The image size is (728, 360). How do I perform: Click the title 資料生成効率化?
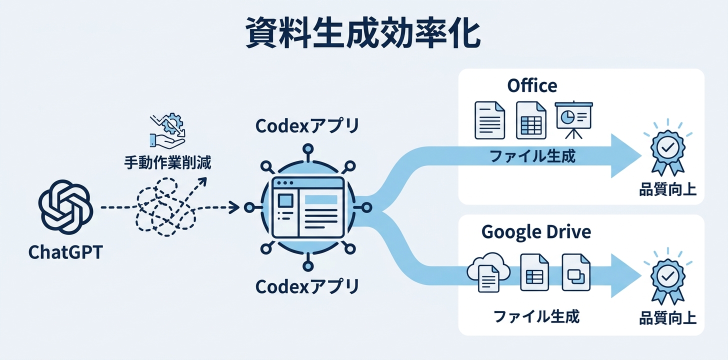point(363,34)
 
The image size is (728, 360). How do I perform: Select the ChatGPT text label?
point(65,252)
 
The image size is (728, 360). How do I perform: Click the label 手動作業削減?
point(167,162)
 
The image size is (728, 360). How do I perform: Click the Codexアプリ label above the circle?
point(307,126)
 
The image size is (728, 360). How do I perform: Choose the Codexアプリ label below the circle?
point(307,286)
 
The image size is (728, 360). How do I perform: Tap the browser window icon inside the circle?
point(307,206)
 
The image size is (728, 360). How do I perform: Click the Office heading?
point(532,85)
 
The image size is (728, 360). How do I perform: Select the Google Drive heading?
point(536,232)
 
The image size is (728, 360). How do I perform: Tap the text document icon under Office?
point(489,120)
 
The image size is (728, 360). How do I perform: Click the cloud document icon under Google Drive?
point(487,273)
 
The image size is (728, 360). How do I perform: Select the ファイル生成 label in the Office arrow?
point(532,156)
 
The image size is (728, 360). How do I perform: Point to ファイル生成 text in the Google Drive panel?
point(536,316)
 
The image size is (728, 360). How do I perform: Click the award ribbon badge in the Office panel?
point(666,149)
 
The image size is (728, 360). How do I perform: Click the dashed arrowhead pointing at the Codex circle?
point(233,207)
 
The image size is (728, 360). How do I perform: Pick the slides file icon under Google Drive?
point(576,272)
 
